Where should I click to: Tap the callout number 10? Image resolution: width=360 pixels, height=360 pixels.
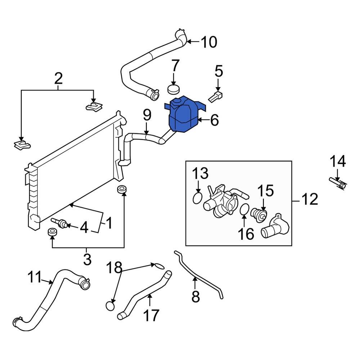coord(208,42)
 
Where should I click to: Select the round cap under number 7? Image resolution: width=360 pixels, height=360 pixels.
coord(174,89)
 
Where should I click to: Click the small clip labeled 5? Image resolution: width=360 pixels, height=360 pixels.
coord(216,96)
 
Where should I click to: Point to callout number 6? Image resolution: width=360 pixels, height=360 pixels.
coord(214,120)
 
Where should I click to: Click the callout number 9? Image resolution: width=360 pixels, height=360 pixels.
coord(147,116)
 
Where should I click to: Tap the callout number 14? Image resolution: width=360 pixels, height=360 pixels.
coord(338,162)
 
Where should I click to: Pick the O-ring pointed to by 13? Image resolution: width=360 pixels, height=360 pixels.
coord(197,198)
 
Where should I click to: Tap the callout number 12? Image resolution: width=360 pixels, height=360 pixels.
coord(309,199)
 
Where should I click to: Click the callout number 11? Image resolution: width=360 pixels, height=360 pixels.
coord(35,278)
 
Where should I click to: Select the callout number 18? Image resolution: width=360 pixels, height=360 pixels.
coord(114,267)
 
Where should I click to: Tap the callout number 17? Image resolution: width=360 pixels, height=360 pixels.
coord(151,316)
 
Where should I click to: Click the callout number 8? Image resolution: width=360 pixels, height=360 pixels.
coord(195,297)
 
